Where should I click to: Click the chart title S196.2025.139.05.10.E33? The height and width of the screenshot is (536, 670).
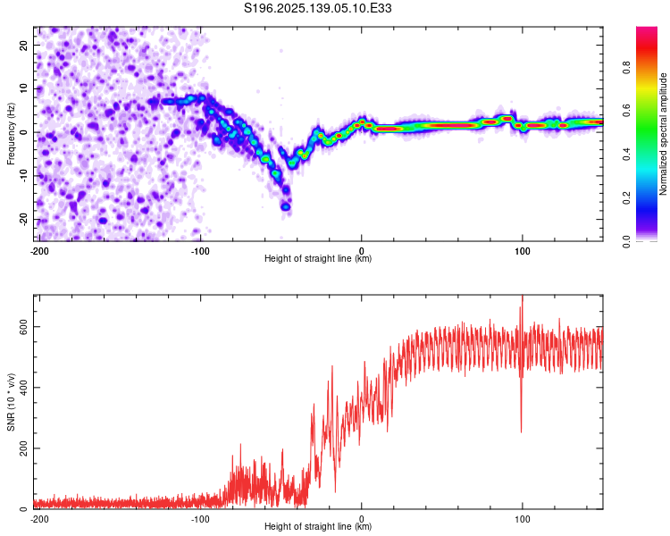[317, 8]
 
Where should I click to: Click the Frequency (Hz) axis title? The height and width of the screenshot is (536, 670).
[11, 134]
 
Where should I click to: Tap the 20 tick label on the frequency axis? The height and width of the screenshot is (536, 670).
[23, 45]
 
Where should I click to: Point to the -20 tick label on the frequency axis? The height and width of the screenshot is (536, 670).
[23, 219]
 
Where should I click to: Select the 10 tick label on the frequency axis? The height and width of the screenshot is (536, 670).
[23, 88]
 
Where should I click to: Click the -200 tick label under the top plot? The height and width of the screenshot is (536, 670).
[39, 251]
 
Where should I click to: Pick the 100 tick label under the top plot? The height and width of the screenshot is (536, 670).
[522, 251]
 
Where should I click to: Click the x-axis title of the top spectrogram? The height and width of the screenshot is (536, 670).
[318, 258]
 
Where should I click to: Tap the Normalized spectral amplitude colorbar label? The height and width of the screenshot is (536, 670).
[663, 134]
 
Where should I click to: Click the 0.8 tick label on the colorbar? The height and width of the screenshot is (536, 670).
[626, 68]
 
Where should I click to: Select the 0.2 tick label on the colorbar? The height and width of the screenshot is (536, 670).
[626, 198]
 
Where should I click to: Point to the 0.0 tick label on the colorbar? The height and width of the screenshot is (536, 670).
[626, 241]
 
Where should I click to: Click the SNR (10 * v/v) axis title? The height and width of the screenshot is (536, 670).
[11, 402]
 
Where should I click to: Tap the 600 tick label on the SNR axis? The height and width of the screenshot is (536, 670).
[23, 327]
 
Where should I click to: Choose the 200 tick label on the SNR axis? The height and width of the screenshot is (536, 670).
[23, 448]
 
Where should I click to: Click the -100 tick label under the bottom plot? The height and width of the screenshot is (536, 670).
[200, 519]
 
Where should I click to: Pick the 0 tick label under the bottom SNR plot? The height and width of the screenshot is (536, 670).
[362, 519]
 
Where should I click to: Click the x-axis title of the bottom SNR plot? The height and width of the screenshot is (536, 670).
[318, 526]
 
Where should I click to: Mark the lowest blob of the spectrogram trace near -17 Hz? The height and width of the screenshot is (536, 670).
[286, 207]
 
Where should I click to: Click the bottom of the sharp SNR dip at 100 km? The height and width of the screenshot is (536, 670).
[522, 432]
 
